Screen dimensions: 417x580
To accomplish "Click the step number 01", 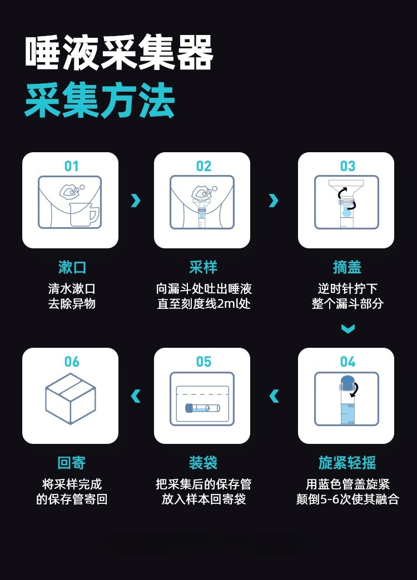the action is pos(72,166).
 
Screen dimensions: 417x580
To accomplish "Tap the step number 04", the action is pos(348,362).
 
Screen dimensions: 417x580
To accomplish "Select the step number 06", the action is pos(72,362).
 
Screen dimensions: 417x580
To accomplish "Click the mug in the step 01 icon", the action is pos(84,214).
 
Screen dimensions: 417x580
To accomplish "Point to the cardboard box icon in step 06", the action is pos(71,398).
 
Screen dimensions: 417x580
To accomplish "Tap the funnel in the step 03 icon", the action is pos(346,189).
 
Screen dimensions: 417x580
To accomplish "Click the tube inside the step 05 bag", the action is pos(202,408).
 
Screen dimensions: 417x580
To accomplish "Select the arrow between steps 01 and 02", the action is pos(136,200).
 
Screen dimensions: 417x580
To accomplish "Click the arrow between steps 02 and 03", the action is pos(274,200).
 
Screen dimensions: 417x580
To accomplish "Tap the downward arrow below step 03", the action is pos(348,328).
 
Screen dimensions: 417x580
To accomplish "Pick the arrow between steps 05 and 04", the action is pos(274,396).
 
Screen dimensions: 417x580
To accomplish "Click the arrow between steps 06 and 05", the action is pos(136,396).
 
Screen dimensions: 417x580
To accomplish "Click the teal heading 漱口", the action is pos(72,267).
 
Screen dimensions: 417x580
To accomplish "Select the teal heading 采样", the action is pos(203,267).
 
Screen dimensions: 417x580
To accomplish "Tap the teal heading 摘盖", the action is pos(347,267).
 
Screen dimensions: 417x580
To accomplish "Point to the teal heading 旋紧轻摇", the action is pos(347,462).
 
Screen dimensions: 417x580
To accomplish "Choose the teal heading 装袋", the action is pos(203,462).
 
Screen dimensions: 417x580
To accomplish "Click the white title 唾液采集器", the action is pos(119,52).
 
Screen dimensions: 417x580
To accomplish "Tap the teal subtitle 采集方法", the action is pos(100,101).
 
